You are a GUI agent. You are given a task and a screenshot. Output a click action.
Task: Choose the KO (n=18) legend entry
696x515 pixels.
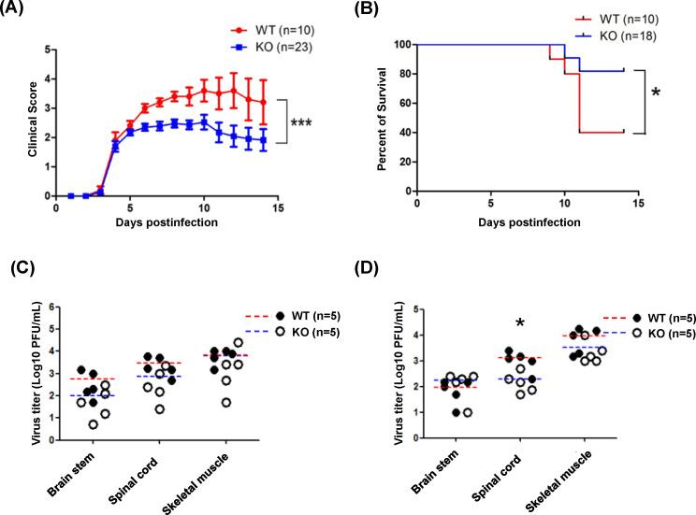click(606, 33)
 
